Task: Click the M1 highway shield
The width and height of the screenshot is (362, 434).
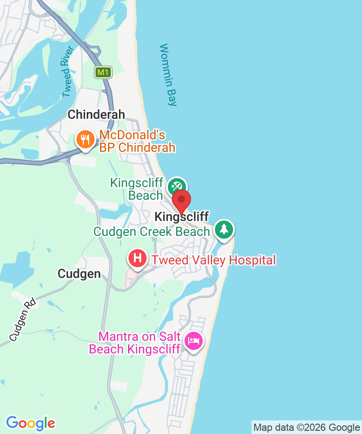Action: [x=103, y=72]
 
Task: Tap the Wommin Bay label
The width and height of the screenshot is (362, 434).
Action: [x=168, y=75]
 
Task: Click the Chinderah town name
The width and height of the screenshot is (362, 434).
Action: [x=96, y=115]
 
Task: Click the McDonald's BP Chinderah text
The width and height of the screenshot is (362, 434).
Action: [x=137, y=142]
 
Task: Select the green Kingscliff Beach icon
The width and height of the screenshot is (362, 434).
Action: [x=176, y=186]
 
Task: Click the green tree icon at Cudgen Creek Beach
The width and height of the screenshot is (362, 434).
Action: [x=224, y=229]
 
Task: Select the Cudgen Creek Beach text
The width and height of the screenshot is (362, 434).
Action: [x=152, y=232]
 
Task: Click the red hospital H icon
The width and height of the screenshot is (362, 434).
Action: [x=138, y=259]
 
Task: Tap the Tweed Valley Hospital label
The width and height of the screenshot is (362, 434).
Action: [x=213, y=260]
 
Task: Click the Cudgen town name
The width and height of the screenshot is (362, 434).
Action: [x=79, y=274]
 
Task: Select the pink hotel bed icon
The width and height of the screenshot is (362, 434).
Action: [x=194, y=340]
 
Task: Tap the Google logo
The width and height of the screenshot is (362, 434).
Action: [x=31, y=423]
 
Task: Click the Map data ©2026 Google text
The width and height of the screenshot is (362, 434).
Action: [x=306, y=427]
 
